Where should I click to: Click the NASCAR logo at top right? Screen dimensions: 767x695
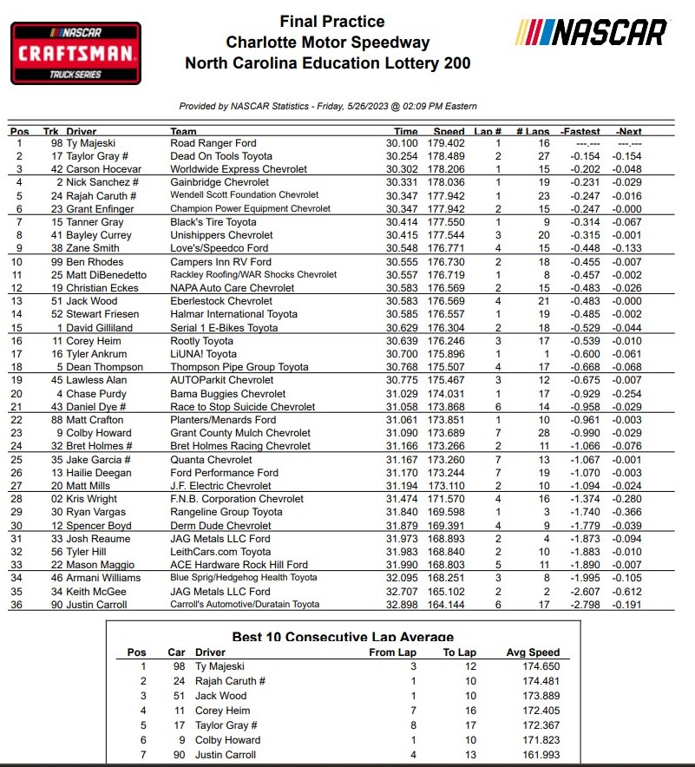[x=593, y=33]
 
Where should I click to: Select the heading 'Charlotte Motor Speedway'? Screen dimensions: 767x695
[x=328, y=42]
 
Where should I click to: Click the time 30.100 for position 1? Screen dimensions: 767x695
[x=401, y=143]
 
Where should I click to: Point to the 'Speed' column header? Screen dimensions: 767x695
[x=449, y=132]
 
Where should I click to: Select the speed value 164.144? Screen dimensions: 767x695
[x=449, y=605]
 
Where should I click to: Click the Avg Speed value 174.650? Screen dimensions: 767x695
[x=533, y=666]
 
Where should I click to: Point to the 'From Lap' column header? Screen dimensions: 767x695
[x=393, y=652]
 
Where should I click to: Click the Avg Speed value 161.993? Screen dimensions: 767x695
[x=533, y=754]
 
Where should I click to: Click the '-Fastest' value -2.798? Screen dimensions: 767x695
[x=581, y=605]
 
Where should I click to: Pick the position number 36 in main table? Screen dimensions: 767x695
[x=18, y=605]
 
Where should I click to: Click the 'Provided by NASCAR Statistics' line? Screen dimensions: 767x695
[x=328, y=106]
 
